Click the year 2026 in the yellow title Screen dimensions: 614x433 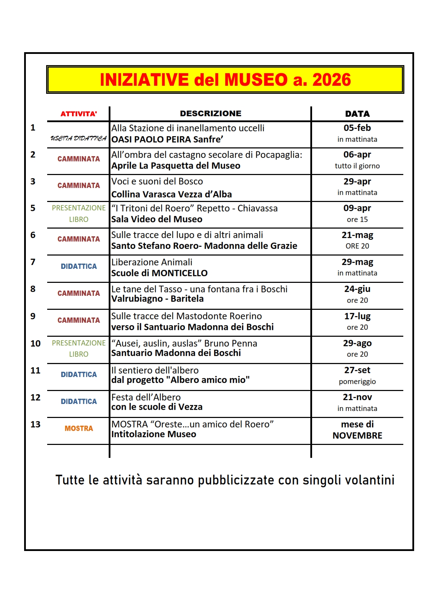pyautogui.click(x=331, y=80)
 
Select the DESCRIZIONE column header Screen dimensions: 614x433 pyautogui.click(x=210, y=113)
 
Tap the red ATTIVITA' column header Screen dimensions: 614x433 pyautogui.click(x=79, y=114)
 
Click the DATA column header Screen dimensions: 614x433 pyautogui.click(x=357, y=114)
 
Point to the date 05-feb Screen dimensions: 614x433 pyautogui.click(x=357, y=128)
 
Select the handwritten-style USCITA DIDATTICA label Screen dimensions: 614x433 pyautogui.click(x=79, y=138)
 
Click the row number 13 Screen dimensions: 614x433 pyautogui.click(x=35, y=424)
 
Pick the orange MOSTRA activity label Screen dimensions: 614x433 pyautogui.click(x=79, y=428)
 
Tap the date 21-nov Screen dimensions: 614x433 pyautogui.click(x=357, y=397)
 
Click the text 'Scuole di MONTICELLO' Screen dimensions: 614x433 pyautogui.click(x=159, y=273)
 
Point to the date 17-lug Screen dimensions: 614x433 pyautogui.click(x=357, y=316)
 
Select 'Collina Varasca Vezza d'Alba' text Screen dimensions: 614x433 pyautogui.click(x=171, y=194)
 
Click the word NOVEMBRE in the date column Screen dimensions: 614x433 pyautogui.click(x=357, y=435)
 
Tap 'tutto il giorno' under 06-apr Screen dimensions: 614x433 pyautogui.click(x=357, y=166)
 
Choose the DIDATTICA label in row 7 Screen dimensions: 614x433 pyautogui.click(x=79, y=266)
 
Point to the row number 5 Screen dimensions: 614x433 pyautogui.click(x=33, y=208)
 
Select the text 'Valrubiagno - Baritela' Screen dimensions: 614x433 pyautogui.click(x=157, y=299)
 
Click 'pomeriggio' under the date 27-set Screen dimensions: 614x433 pyautogui.click(x=357, y=382)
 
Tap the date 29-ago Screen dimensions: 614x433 pyautogui.click(x=357, y=343)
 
